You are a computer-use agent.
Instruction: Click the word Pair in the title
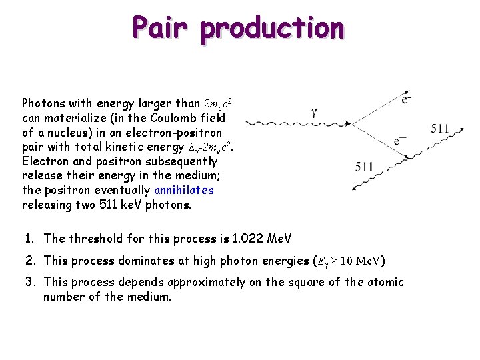(x=161, y=28)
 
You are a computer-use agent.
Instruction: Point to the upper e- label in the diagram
(x=405, y=99)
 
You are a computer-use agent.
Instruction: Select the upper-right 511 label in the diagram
(x=440, y=128)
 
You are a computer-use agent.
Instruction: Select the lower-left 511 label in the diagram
(x=364, y=167)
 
